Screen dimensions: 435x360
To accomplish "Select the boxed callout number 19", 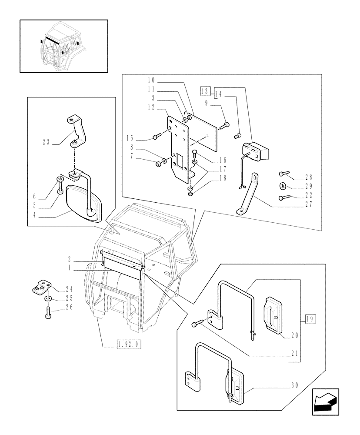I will (x=310, y=319).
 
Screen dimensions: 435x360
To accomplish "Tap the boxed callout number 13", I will (x=205, y=91).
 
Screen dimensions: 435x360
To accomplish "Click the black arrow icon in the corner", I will (x=326, y=402).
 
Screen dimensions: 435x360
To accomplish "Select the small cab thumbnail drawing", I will (x=63, y=46).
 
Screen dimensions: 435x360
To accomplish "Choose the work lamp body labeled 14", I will (x=255, y=152).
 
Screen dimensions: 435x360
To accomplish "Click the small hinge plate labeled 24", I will (x=43, y=288).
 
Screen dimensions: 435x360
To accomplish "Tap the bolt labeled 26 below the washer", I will (x=48, y=312).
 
